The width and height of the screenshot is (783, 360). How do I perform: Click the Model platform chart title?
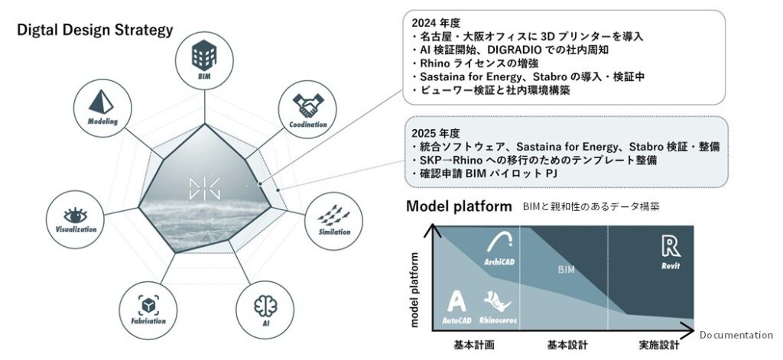point(459,206)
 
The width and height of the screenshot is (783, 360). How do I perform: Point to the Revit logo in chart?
point(671,246)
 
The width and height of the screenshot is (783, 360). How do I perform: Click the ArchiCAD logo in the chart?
point(502,245)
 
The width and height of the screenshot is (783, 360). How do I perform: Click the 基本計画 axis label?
point(473,345)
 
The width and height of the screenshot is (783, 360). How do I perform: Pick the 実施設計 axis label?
point(658,345)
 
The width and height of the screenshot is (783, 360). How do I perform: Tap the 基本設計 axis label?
point(566,345)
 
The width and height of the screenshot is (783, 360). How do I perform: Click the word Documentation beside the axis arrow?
point(737,335)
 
